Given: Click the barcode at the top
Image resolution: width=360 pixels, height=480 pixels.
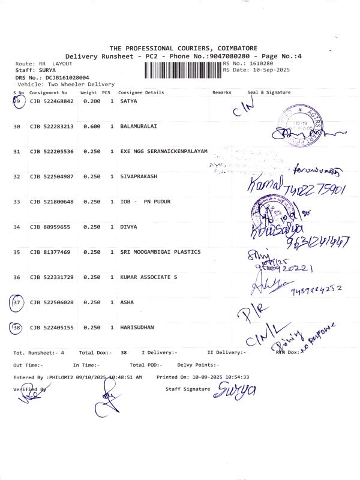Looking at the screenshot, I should (182, 70).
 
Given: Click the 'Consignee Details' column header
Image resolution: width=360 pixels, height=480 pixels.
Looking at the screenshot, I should (141, 92).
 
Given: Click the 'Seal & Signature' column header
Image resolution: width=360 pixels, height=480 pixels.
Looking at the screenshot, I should (269, 92).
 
